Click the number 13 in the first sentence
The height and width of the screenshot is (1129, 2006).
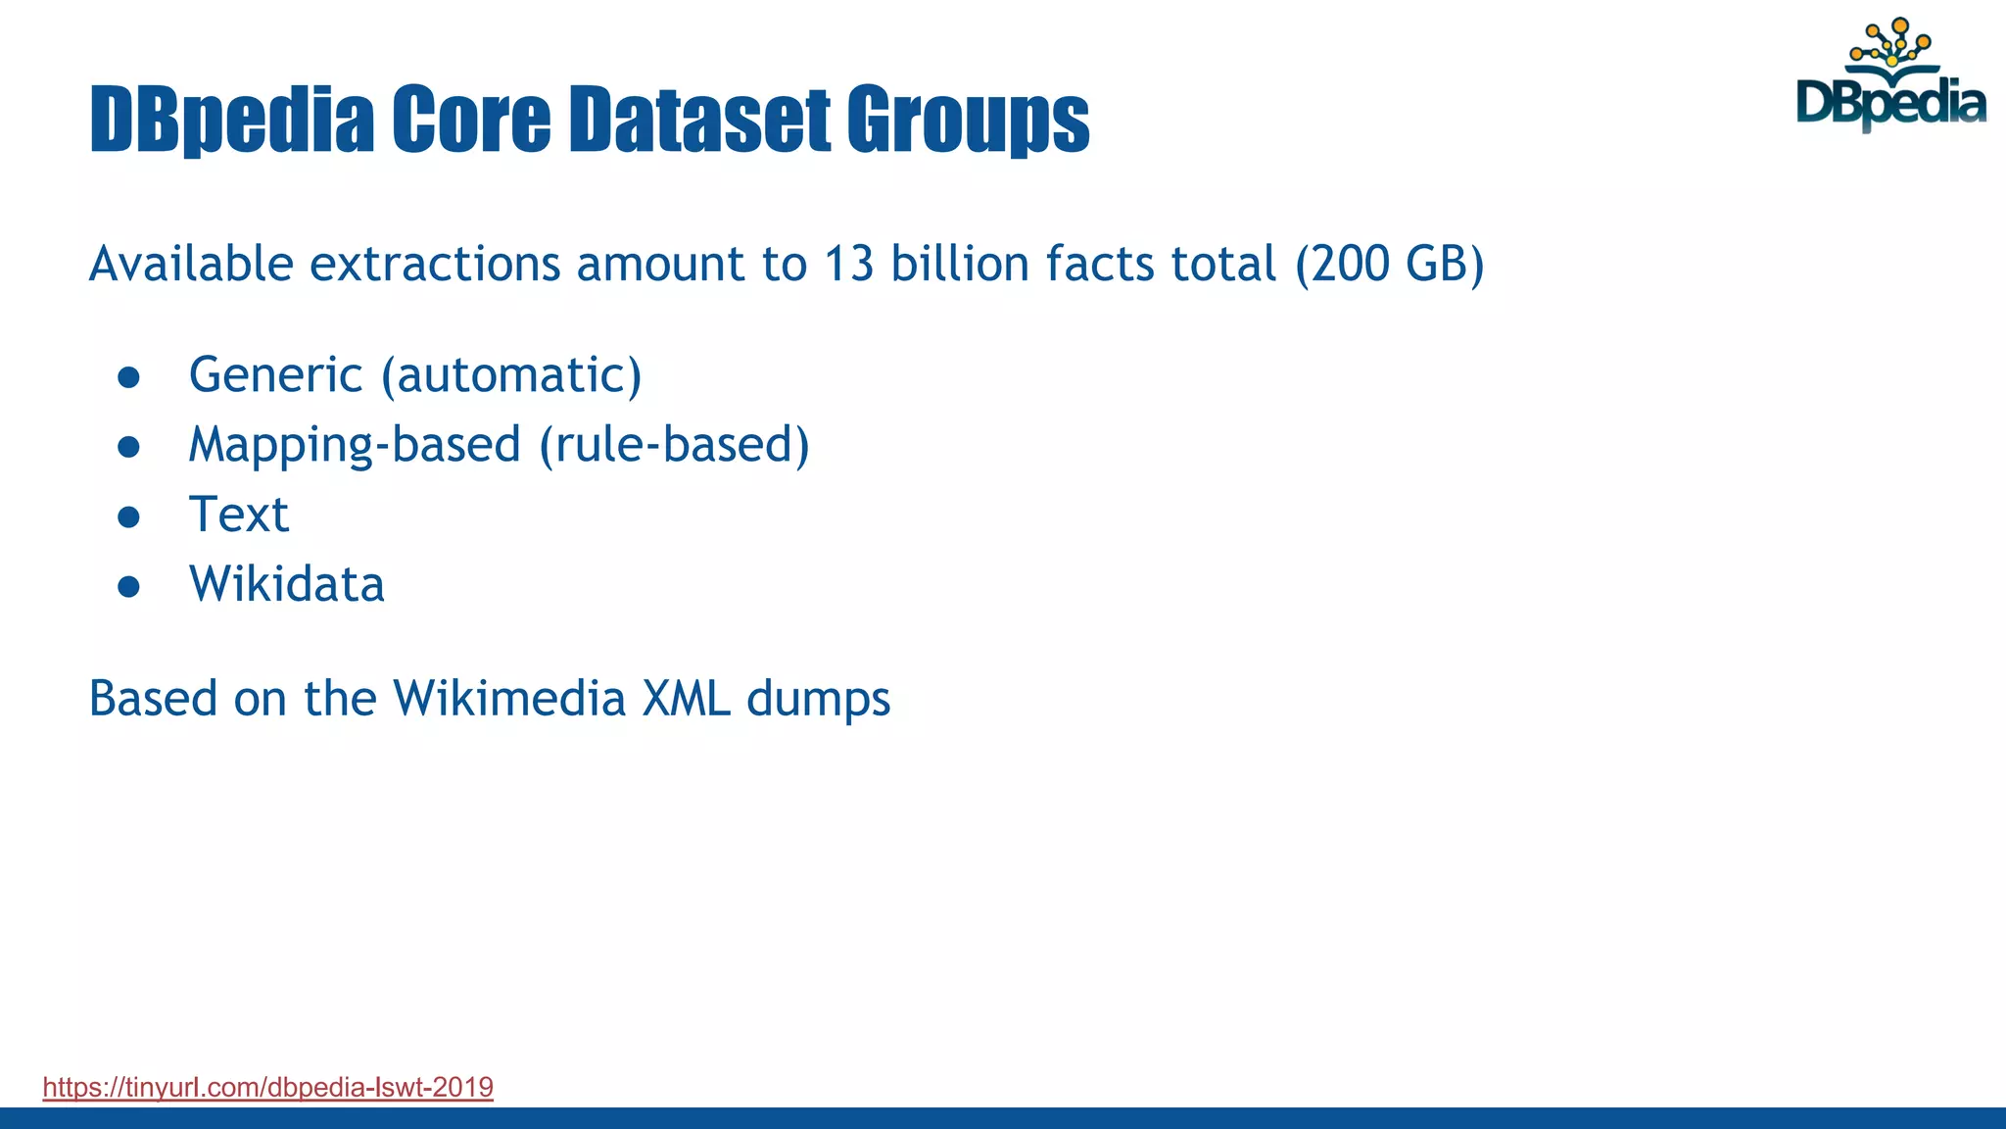pyautogui.click(x=848, y=264)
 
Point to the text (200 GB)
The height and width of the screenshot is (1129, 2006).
pyautogui.click(x=1389, y=264)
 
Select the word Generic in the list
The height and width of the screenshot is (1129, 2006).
pyautogui.click(x=276, y=375)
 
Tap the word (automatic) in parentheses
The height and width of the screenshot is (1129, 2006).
pyautogui.click(x=511, y=375)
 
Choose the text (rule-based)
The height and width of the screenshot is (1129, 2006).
pyautogui.click(x=675, y=445)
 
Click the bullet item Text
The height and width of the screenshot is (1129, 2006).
pyautogui.click(x=239, y=515)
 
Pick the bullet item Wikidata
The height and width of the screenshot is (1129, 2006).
pyautogui.click(x=286, y=584)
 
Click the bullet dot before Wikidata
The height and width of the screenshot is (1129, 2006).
pyautogui.click(x=128, y=587)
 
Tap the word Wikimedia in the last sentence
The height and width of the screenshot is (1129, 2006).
pyautogui.click(x=509, y=699)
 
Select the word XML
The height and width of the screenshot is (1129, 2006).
pyautogui.click(x=686, y=699)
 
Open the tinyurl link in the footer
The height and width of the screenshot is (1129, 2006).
pyautogui.click(x=267, y=1087)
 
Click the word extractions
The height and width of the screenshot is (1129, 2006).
pyautogui.click(x=435, y=264)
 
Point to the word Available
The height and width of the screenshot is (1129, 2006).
pyautogui.click(x=191, y=264)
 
